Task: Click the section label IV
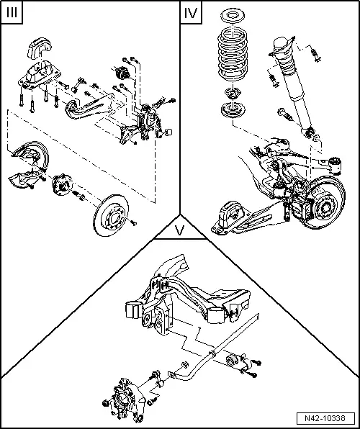coord(192,14)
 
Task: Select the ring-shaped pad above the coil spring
coord(233,16)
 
